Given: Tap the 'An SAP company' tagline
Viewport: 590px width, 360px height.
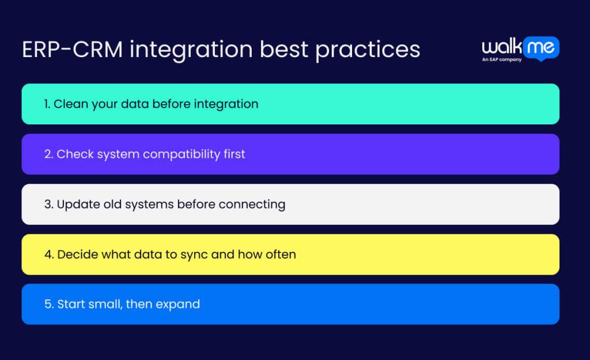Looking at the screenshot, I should click(x=501, y=60).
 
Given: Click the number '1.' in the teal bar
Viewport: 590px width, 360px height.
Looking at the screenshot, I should click(x=47, y=104).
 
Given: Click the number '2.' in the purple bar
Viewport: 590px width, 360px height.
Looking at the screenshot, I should click(x=48, y=154).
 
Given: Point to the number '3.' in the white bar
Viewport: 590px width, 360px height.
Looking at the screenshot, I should click(x=48, y=204).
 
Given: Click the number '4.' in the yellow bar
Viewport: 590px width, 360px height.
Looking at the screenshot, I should click(x=48, y=255).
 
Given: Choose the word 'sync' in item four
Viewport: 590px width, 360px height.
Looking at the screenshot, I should click(x=195, y=255).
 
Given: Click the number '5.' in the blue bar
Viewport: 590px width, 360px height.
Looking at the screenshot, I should click(x=48, y=304).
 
